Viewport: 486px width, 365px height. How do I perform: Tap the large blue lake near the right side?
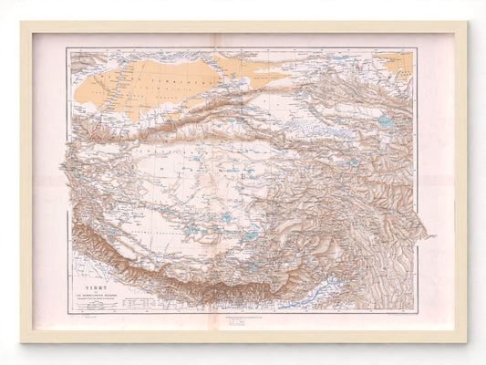(x=386, y=120)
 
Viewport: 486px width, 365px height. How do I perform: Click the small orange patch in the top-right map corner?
(x=400, y=61)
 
